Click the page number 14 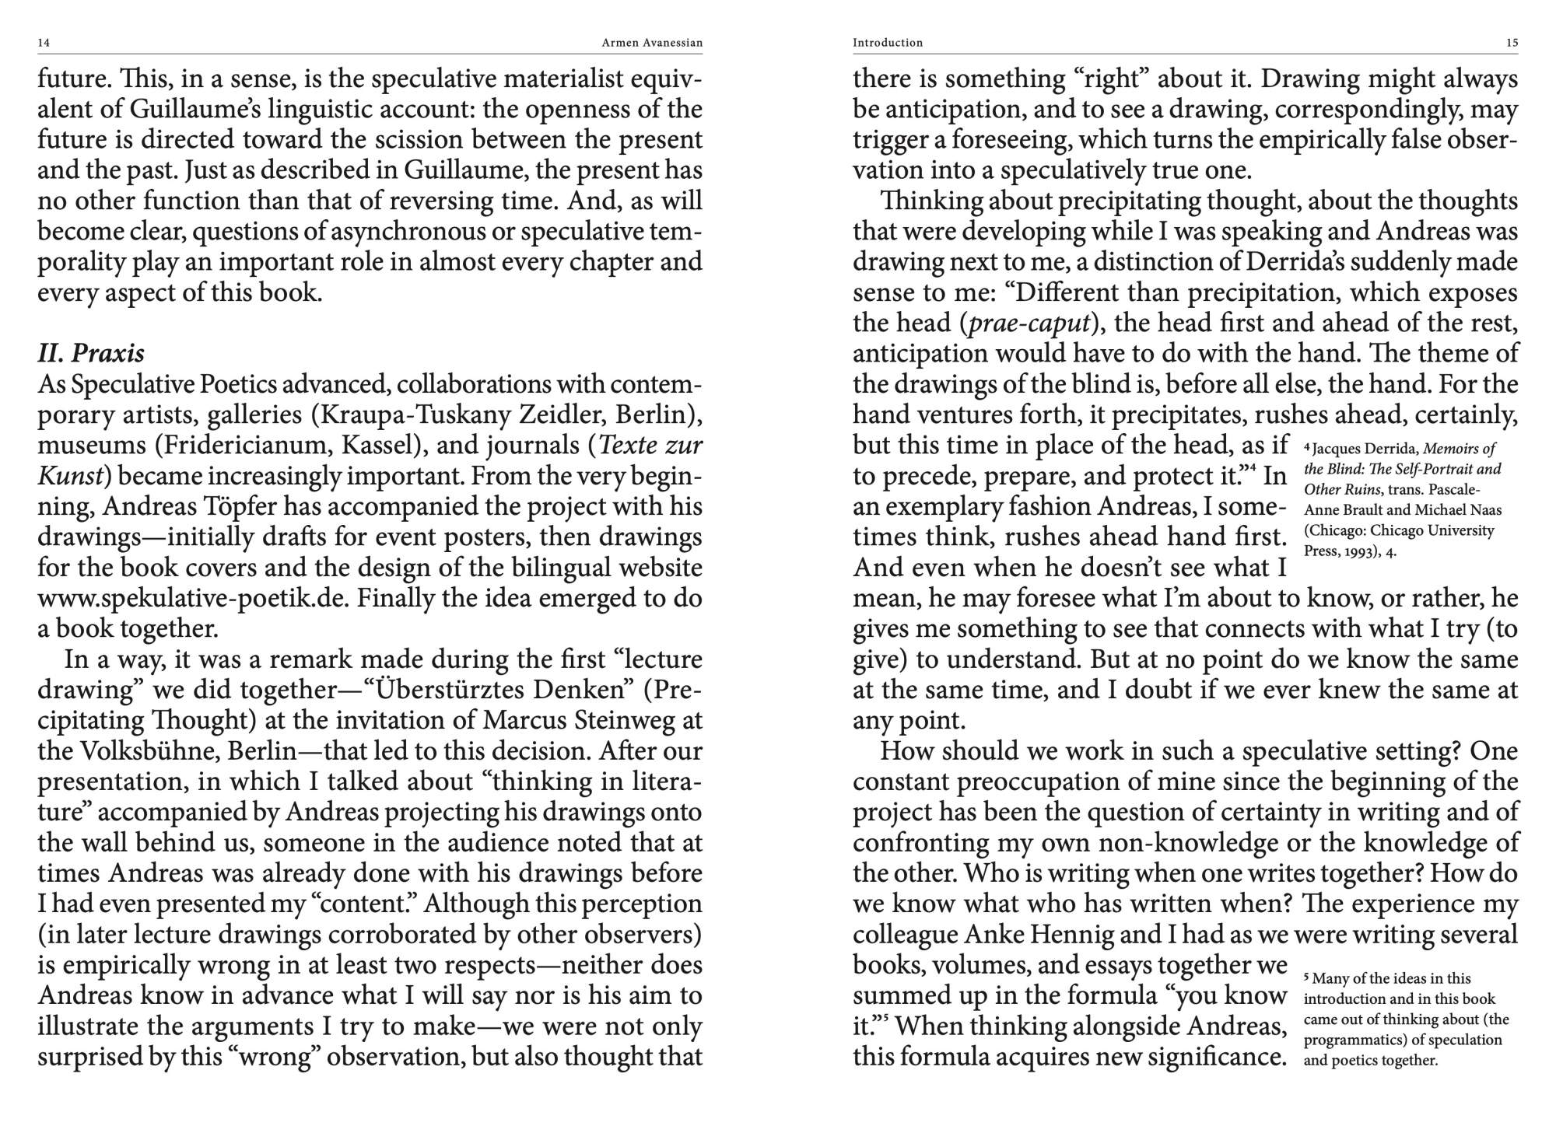pyautogui.click(x=44, y=43)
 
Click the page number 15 pyautogui.click(x=1512, y=43)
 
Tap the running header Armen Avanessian pyautogui.click(x=652, y=43)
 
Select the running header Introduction pyautogui.click(x=888, y=43)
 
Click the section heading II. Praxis pyautogui.click(x=91, y=353)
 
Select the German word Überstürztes pyautogui.click(x=445, y=690)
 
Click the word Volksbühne pyautogui.click(x=154, y=751)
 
